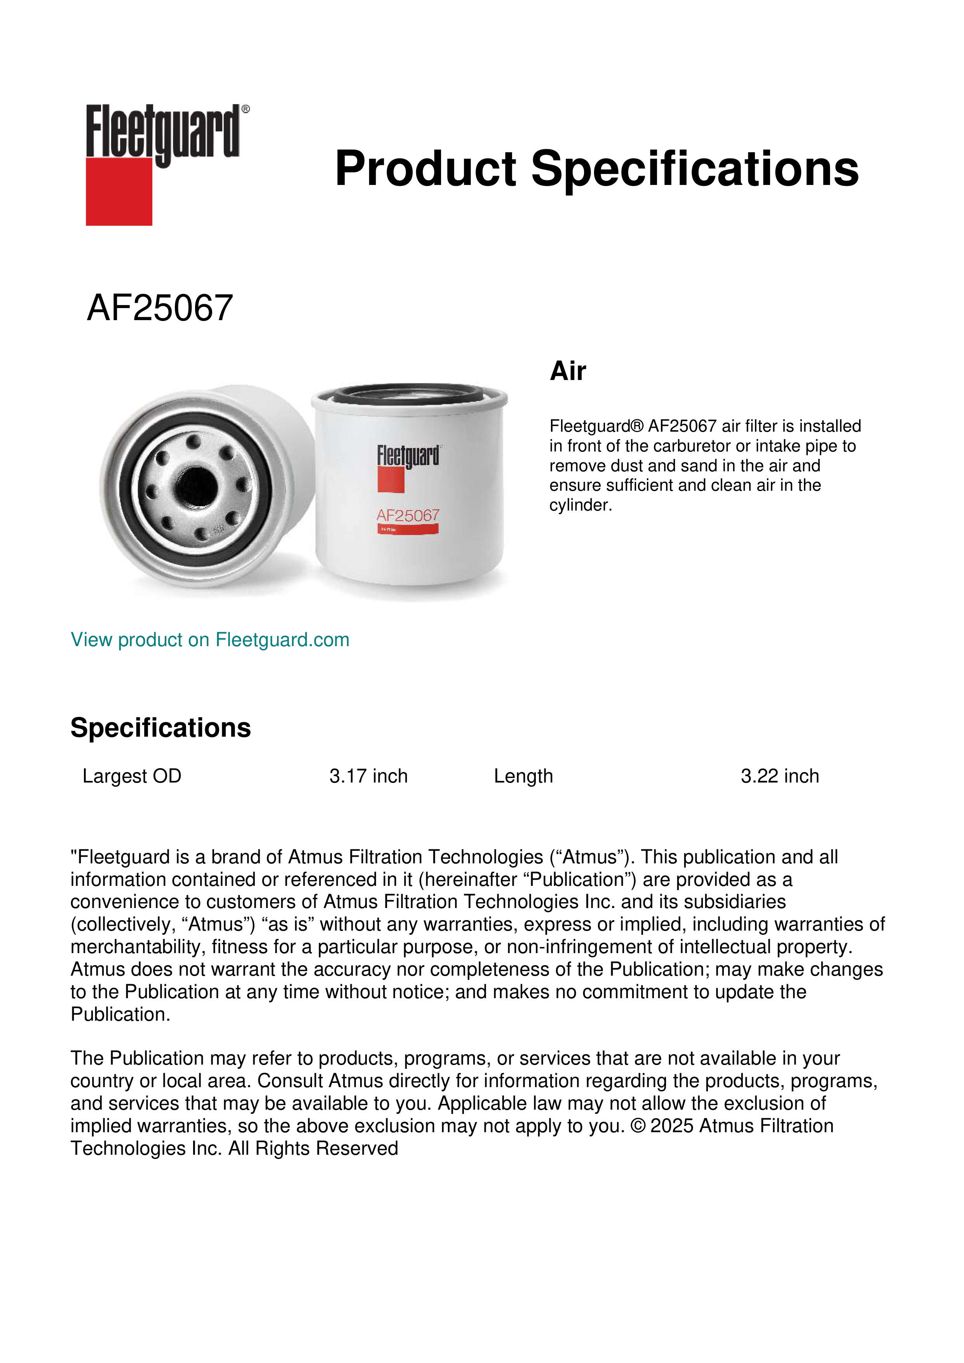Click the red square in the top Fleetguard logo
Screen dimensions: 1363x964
pyautogui.click(x=119, y=191)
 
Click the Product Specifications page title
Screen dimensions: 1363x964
pyautogui.click(x=596, y=169)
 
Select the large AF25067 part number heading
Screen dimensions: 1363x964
pyautogui.click(x=160, y=308)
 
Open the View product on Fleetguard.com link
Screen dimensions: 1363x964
pyautogui.click(x=209, y=640)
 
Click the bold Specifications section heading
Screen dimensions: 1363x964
pyautogui.click(x=160, y=728)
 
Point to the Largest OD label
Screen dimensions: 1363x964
pyautogui.click(x=132, y=776)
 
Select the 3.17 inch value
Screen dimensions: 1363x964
pyautogui.click(x=368, y=776)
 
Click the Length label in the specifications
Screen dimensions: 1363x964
pyautogui.click(x=523, y=776)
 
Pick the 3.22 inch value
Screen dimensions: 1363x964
pyautogui.click(x=779, y=776)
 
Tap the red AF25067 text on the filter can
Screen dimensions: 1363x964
pyautogui.click(x=408, y=515)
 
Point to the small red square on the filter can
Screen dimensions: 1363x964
pyautogui.click(x=390, y=480)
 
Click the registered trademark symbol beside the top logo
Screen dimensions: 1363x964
pyautogui.click(x=246, y=109)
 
